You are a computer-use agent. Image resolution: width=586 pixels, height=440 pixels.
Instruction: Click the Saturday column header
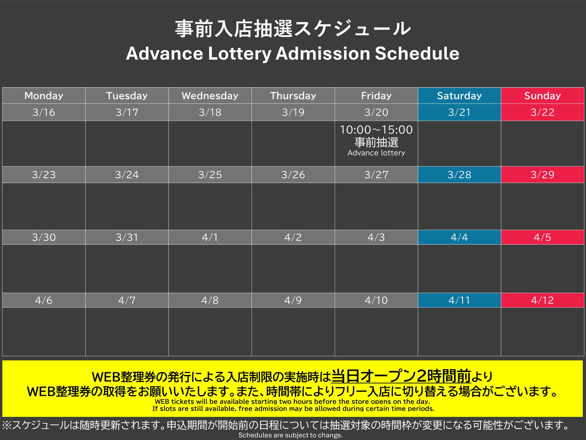[459, 96]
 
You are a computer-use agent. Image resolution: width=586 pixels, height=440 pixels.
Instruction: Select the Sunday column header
[543, 96]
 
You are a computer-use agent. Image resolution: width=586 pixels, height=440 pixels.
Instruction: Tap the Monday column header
[44, 96]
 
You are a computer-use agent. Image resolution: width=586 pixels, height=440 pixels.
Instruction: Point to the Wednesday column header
[210, 96]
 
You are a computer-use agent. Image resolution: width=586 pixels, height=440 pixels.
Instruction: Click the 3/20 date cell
[376, 112]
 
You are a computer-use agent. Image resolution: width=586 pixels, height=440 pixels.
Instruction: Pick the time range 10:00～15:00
[376, 130]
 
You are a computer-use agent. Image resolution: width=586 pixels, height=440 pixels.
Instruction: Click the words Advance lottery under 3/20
[376, 153]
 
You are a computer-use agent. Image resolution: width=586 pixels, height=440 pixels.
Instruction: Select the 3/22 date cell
[543, 112]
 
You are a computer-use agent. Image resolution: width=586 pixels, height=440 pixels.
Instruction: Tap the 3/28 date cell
[459, 175]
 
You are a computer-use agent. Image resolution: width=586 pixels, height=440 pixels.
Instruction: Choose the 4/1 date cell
[210, 237]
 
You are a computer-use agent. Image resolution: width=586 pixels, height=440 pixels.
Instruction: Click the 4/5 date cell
[543, 237]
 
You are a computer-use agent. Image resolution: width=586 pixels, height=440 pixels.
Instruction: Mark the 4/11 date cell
[459, 300]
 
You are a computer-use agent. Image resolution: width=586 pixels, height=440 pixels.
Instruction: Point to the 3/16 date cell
[44, 112]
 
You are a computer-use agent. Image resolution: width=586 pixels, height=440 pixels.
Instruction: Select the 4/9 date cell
[293, 300]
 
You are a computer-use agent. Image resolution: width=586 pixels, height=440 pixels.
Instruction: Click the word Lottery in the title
[240, 54]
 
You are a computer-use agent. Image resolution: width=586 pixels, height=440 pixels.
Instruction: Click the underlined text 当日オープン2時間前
[401, 376]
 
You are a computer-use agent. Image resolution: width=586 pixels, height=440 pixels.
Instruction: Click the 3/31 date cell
[127, 237]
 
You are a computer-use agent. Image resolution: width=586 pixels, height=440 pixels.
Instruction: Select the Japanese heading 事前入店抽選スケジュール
[293, 28]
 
